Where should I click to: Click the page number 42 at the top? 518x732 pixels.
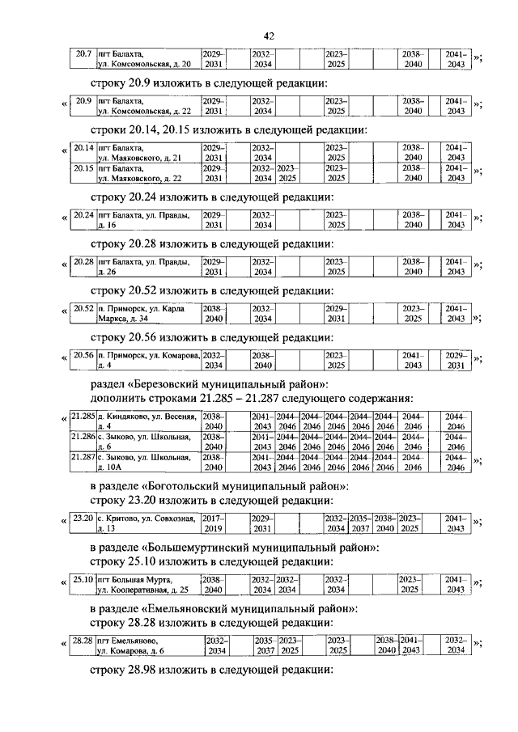tap(270, 35)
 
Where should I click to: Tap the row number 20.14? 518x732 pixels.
tap(83, 148)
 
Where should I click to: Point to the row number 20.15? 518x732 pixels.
tap(83, 167)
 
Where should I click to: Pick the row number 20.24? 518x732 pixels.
tap(83, 215)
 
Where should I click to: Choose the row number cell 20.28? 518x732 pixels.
tap(83, 262)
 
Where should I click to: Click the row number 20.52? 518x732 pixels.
tap(83, 309)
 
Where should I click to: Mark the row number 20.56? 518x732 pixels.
tap(83, 355)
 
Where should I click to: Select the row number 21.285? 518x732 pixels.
tap(83, 416)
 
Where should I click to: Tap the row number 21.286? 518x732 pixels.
tap(83, 436)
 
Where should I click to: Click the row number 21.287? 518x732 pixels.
tap(83, 457)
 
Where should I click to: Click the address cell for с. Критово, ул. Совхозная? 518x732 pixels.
tap(147, 523)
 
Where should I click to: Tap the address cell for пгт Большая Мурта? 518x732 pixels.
tap(147, 584)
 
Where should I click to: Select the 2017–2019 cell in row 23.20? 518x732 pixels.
tap(213, 523)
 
